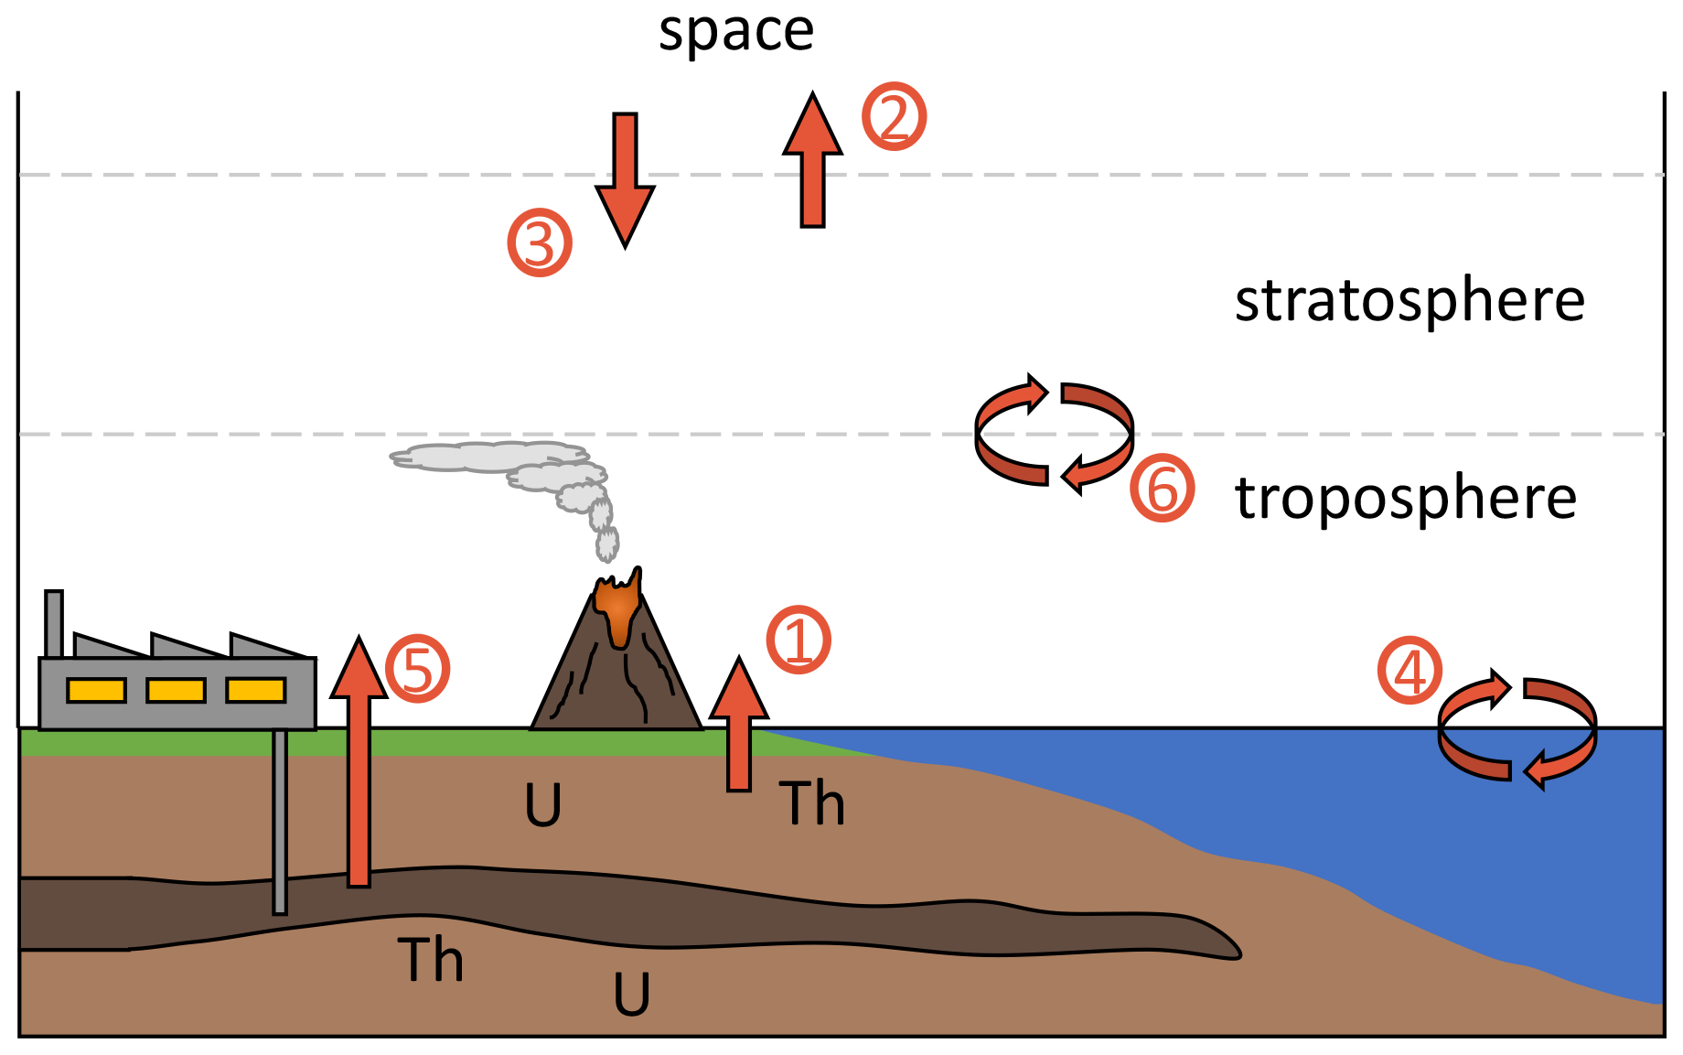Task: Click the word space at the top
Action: (x=736, y=33)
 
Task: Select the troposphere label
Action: (x=1406, y=499)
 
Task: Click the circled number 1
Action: (x=799, y=640)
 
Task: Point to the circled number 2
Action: (x=894, y=117)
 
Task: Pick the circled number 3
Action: (x=540, y=243)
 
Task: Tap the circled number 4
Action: (x=1410, y=671)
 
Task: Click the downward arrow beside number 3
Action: (x=625, y=178)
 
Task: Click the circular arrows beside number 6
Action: (x=1054, y=434)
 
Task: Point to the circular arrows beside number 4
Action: (x=1517, y=729)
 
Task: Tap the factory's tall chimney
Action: (x=54, y=623)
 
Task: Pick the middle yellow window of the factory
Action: (x=176, y=690)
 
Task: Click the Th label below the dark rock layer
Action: (x=430, y=961)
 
